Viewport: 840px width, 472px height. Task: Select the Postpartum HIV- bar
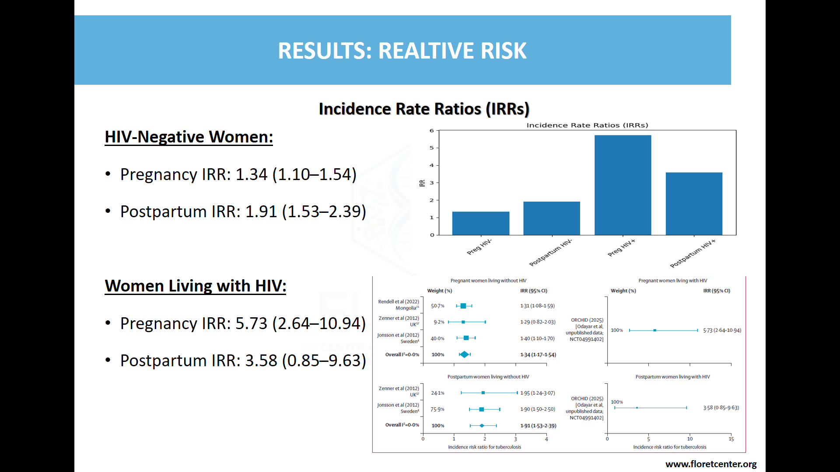pos(551,218)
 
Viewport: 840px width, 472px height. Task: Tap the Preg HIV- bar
pos(480,223)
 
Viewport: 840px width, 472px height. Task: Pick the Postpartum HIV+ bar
pos(694,204)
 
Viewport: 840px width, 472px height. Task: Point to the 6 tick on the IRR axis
pos(432,131)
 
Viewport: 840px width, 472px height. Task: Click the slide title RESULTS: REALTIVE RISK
pos(402,50)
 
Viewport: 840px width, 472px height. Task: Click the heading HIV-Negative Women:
pos(189,137)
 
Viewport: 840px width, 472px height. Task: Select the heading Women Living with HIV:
pos(195,286)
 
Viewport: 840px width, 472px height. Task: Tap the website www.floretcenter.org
pos(711,464)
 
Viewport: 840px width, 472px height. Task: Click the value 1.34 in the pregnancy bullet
pos(251,174)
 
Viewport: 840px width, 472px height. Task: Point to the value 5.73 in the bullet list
pos(251,323)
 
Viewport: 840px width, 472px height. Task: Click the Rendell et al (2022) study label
pos(399,302)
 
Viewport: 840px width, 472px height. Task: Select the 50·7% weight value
pos(437,306)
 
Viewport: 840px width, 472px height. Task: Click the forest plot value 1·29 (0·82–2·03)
pos(538,322)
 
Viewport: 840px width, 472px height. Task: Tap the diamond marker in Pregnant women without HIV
pos(464,354)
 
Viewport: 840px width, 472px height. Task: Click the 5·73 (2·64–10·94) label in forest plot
pos(722,330)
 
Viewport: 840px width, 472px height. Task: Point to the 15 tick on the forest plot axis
pos(731,439)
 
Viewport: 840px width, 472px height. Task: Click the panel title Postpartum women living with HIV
pos(672,377)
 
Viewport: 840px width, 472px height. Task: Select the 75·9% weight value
pos(437,410)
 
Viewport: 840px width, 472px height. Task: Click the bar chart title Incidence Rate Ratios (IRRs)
pos(587,125)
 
